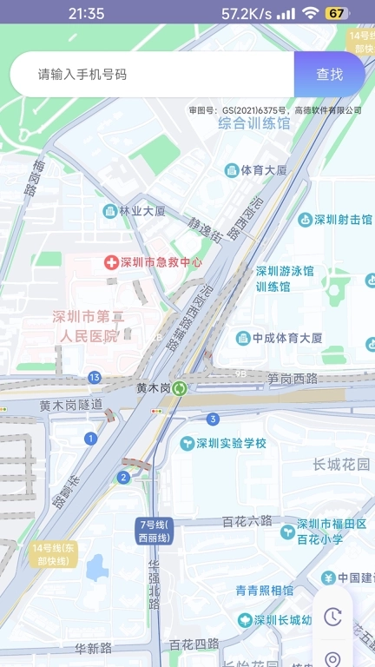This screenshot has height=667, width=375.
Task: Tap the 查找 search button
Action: pyautogui.click(x=329, y=75)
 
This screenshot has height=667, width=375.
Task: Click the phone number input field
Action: pyautogui.click(x=152, y=75)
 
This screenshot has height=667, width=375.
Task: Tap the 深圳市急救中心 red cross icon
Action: pyautogui.click(x=111, y=261)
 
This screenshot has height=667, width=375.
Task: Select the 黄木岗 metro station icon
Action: pyautogui.click(x=179, y=388)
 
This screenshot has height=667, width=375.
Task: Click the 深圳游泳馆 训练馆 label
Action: pyautogui.click(x=285, y=279)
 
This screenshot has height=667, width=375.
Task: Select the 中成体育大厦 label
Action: pyautogui.click(x=287, y=338)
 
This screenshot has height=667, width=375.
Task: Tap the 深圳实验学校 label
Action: pyautogui.click(x=230, y=444)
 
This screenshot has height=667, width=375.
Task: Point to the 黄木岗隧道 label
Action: pyautogui.click(x=71, y=405)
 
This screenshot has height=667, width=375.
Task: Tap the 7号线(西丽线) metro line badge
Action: pyautogui.click(x=155, y=532)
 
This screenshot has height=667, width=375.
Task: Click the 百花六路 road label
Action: pyautogui.click(x=247, y=521)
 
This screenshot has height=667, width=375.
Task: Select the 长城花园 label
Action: pyautogui.click(x=341, y=465)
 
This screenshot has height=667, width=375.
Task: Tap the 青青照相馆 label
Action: pyautogui.click(x=265, y=591)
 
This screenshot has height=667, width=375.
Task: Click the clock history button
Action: pyautogui.click(x=332, y=617)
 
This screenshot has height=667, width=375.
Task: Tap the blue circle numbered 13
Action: pyautogui.click(x=94, y=377)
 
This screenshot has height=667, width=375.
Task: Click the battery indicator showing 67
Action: pyautogui.click(x=337, y=13)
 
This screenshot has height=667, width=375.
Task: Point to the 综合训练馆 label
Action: pyautogui.click(x=253, y=123)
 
